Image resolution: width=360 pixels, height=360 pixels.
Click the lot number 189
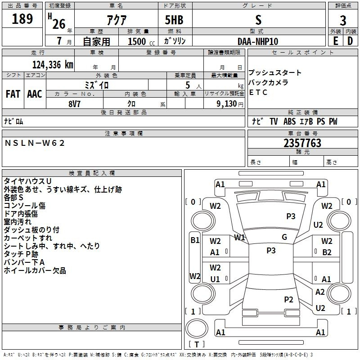[22, 19]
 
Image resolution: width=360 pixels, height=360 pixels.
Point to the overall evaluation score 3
[343, 20]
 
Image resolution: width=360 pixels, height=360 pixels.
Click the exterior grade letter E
[335, 41]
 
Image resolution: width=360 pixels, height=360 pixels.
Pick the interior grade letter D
[350, 41]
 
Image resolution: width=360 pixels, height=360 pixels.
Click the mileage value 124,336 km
[53, 64]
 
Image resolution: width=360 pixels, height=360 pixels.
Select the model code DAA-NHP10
[258, 41]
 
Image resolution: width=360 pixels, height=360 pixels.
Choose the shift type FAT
[13, 94]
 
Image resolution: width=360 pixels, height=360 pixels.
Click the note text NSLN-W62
[35, 143]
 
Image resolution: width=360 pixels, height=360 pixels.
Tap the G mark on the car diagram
[284, 237]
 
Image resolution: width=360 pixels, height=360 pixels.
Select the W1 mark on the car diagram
[239, 237]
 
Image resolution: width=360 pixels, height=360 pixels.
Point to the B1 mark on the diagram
[195, 240]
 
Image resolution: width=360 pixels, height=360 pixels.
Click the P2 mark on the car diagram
[288, 299]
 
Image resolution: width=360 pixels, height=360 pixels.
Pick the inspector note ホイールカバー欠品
[35, 270]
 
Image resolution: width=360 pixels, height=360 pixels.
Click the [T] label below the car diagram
[196, 345]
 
